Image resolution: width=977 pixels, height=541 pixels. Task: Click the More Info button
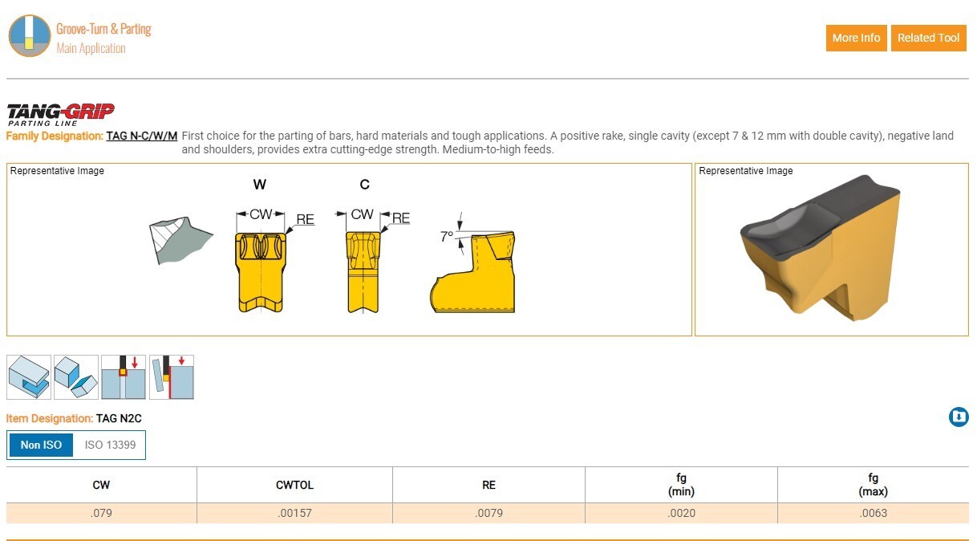[x=856, y=38]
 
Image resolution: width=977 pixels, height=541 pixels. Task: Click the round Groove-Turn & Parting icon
[x=30, y=36]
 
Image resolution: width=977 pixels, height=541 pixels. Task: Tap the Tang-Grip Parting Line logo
[x=61, y=115]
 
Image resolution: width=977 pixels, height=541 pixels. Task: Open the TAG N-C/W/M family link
[x=142, y=136]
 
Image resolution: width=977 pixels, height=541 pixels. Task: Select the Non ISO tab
[x=41, y=445]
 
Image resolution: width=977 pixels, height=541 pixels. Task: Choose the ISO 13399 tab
[x=110, y=445]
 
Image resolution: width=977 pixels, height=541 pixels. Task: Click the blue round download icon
[x=959, y=417]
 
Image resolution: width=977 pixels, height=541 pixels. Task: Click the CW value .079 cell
[x=101, y=513]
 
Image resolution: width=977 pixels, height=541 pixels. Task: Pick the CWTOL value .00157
[x=294, y=513]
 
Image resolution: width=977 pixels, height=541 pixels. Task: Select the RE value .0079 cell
[x=488, y=513]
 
